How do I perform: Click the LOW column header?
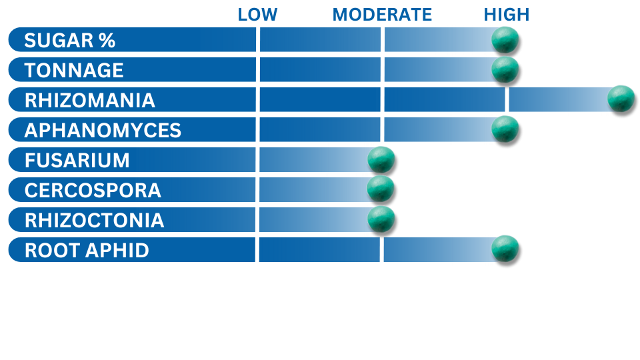(x=257, y=15)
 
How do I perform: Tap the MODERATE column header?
(x=382, y=15)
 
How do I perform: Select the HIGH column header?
(x=507, y=15)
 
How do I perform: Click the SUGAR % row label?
(x=70, y=41)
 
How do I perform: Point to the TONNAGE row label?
(x=74, y=70)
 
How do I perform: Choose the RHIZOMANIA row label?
(x=90, y=101)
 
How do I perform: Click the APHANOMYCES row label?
(x=103, y=130)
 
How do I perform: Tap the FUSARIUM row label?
(x=77, y=161)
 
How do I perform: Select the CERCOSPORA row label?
(x=93, y=190)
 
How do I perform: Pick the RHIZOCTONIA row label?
(x=94, y=221)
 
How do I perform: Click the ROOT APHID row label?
(x=87, y=250)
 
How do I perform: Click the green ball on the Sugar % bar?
(x=505, y=39)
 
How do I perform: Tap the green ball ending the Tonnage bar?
(x=505, y=69)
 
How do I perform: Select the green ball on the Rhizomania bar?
(x=621, y=99)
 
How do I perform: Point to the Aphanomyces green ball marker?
(x=505, y=129)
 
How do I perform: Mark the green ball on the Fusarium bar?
(x=381, y=159)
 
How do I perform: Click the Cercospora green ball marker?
(x=381, y=189)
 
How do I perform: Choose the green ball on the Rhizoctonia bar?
(x=381, y=219)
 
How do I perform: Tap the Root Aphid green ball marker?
(x=505, y=249)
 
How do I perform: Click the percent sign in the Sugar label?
(x=107, y=41)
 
